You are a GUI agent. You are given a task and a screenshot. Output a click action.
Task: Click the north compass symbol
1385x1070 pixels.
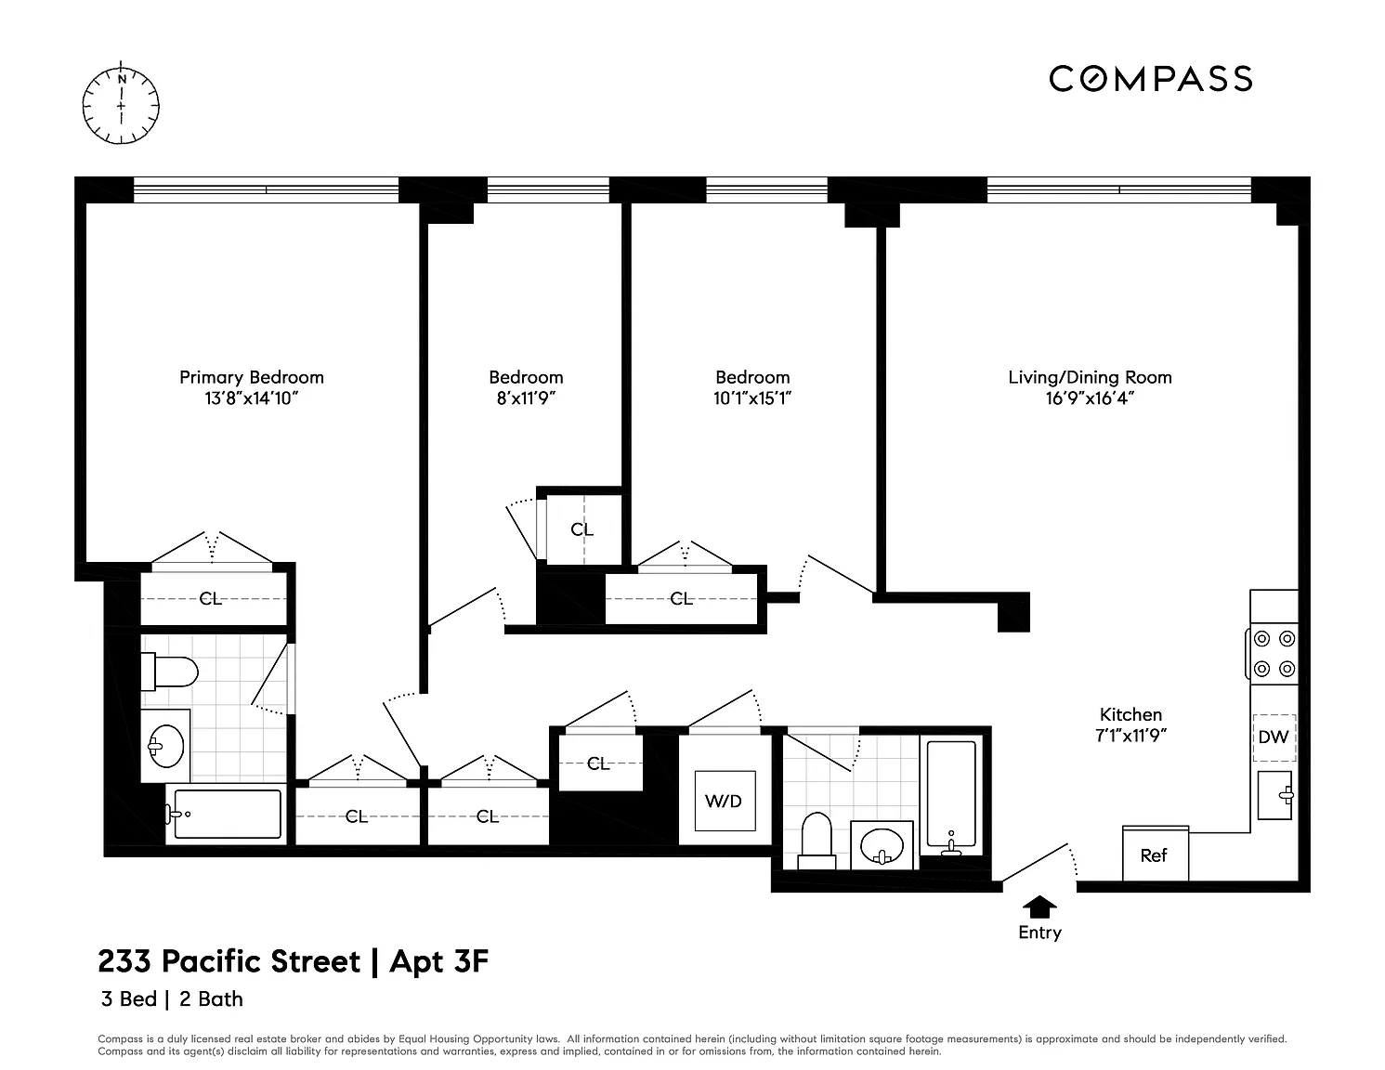pyautogui.click(x=121, y=105)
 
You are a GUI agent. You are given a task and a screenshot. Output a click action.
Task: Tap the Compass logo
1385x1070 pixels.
pyautogui.click(x=1150, y=79)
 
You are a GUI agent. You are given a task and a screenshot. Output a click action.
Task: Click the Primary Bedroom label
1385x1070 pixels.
pyautogui.click(x=251, y=377)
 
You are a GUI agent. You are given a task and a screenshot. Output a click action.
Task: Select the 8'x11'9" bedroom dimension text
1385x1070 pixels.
pyautogui.click(x=526, y=398)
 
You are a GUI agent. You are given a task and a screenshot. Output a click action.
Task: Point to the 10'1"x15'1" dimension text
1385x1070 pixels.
pyautogui.click(x=752, y=398)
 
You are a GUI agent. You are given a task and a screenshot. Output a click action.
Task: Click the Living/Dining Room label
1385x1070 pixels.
pyautogui.click(x=1090, y=377)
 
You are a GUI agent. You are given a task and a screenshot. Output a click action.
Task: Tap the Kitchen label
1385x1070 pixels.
pyautogui.click(x=1130, y=714)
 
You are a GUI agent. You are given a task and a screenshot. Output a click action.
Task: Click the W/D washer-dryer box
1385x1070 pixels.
pyautogui.click(x=725, y=801)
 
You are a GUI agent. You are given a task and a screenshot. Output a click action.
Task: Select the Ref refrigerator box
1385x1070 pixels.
pyautogui.click(x=1155, y=854)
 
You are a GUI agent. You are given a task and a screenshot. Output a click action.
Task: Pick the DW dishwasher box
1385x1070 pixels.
pyautogui.click(x=1274, y=737)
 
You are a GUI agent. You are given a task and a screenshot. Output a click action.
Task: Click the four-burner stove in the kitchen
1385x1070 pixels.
pyautogui.click(x=1273, y=653)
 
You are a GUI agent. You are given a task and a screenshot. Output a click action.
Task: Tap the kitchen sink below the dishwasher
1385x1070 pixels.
pyautogui.click(x=1275, y=795)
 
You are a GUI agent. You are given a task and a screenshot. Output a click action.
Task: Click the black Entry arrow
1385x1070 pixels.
pyautogui.click(x=1039, y=907)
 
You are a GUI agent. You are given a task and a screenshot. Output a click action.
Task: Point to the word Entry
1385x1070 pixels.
pyautogui.click(x=1039, y=933)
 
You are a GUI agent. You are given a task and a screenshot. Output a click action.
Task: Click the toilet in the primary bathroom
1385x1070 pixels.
pyautogui.click(x=169, y=672)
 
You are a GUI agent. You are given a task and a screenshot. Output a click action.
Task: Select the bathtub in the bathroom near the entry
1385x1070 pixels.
pyautogui.click(x=951, y=794)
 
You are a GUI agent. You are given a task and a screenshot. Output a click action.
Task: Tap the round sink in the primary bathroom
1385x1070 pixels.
pyautogui.click(x=165, y=746)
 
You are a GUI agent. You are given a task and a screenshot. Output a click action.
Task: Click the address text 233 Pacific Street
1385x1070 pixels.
pyautogui.click(x=229, y=962)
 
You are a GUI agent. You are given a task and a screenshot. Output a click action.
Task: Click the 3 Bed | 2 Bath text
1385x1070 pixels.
pyautogui.click(x=172, y=999)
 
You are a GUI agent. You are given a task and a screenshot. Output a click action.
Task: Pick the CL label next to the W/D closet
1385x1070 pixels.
pyautogui.click(x=598, y=763)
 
